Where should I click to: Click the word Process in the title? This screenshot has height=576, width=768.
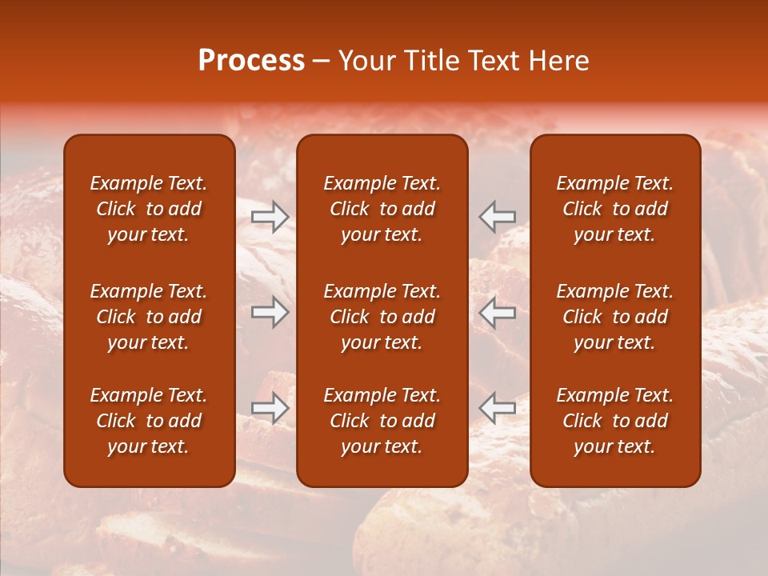click(x=251, y=61)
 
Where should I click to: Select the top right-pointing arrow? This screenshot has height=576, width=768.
click(x=270, y=216)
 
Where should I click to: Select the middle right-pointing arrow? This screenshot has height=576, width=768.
click(x=270, y=312)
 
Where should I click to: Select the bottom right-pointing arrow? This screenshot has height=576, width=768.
click(x=270, y=408)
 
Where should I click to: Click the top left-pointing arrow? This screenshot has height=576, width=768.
click(x=498, y=216)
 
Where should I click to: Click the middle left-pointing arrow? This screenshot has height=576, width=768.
click(x=498, y=312)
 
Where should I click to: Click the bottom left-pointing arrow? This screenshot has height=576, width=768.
click(x=498, y=408)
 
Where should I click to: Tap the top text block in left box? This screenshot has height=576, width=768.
click(x=149, y=209)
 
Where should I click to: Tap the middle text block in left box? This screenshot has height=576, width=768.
click(x=149, y=317)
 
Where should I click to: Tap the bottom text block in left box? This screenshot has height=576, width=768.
click(x=149, y=421)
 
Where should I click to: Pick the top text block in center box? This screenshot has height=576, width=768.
click(x=382, y=209)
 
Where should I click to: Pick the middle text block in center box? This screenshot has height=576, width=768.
click(x=382, y=317)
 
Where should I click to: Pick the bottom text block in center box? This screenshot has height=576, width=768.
click(x=382, y=421)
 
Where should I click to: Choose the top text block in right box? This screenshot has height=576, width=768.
click(x=615, y=209)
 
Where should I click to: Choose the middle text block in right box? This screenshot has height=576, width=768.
click(x=615, y=317)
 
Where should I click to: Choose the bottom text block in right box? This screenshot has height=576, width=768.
click(x=615, y=421)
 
